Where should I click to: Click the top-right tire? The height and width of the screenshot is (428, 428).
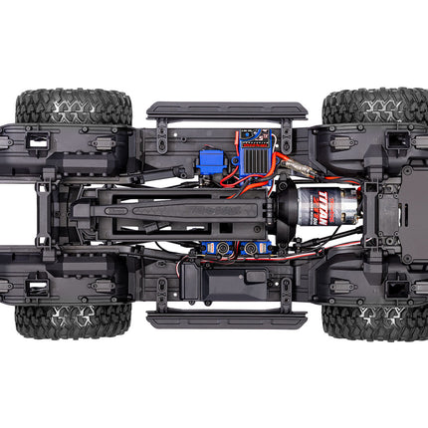click(x=362, y=104)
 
